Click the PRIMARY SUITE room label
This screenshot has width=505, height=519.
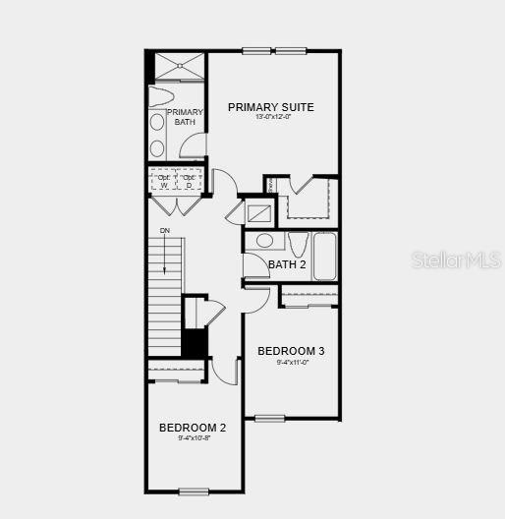(271, 107)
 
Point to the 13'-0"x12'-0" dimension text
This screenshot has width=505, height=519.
(271, 118)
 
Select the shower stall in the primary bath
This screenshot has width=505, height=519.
(177, 66)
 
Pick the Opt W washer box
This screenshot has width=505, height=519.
(163, 181)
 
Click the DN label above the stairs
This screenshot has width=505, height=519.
(165, 231)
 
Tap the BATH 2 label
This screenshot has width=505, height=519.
(288, 264)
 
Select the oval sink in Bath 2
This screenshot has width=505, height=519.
(264, 241)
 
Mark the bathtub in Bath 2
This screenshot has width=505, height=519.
(325, 256)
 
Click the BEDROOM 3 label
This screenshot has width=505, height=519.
(291, 351)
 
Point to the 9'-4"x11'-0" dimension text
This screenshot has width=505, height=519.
(291, 362)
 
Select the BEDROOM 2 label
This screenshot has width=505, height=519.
(193, 428)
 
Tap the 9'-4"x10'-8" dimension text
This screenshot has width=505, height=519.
(193, 438)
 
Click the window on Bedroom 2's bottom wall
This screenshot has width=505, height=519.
(194, 491)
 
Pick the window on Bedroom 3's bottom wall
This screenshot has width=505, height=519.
(270, 419)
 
